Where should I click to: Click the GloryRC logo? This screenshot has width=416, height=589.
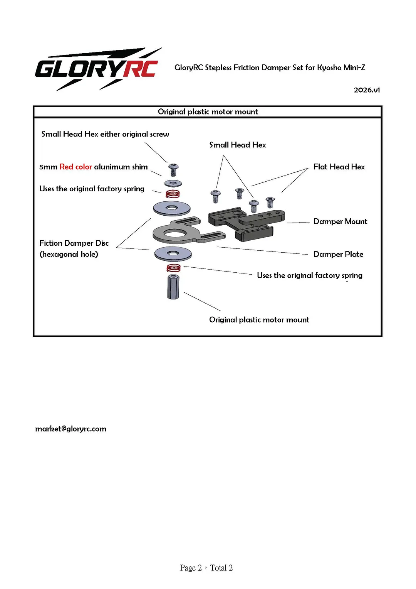pos(98,69)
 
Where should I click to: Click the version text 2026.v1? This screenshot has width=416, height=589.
pos(367,90)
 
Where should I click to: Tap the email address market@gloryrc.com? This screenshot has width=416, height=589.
pos(70,429)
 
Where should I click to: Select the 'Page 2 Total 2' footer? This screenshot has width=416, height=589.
pos(206,568)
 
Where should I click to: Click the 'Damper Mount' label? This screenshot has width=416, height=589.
pos(340,221)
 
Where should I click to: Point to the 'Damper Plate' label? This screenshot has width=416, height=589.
pos(338,254)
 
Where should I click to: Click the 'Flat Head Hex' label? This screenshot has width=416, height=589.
pos(339,167)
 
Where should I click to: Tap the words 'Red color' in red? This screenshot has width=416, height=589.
pos(75,167)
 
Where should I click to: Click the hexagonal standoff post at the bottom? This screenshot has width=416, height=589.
pos(173,287)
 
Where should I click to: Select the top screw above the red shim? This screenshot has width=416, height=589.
pos(173,170)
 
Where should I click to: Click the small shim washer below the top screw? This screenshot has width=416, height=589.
pos(173,183)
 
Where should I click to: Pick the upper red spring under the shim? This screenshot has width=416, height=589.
pos(173,194)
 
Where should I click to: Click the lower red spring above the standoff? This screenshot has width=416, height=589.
pos(174,268)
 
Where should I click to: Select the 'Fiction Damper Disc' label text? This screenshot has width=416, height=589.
pos(74,243)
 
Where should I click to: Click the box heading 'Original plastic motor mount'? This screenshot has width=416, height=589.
pos(208,112)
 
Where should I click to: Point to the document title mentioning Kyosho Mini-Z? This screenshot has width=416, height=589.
pos(270,68)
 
